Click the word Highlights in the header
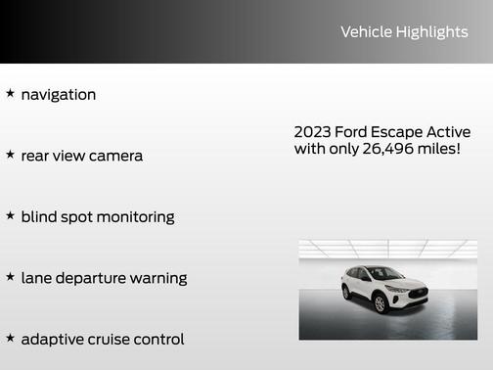[431, 32]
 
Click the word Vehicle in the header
[366, 32]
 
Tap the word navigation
[59, 95]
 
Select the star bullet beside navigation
[10, 94]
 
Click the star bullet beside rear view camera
[10, 155]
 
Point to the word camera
[115, 156]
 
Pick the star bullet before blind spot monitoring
[10, 215]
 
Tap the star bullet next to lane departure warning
[10, 277]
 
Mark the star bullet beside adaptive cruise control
[10, 338]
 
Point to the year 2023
[312, 132]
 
